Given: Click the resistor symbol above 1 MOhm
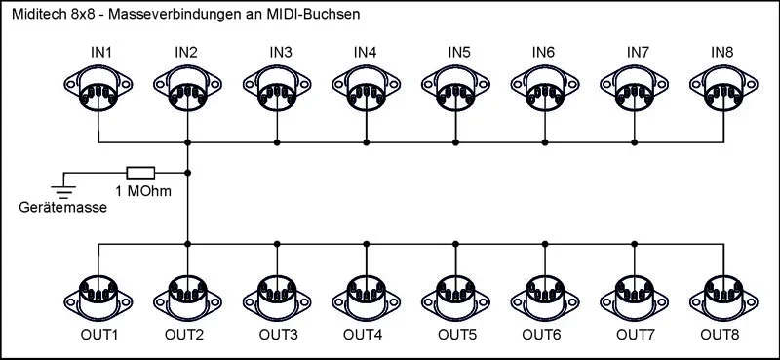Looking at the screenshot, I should [x=141, y=171].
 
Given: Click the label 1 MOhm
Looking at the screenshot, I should [x=143, y=190].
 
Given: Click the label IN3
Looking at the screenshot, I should [x=281, y=51].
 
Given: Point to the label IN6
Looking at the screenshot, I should [x=544, y=51].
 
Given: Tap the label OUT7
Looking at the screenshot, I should [x=636, y=336].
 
